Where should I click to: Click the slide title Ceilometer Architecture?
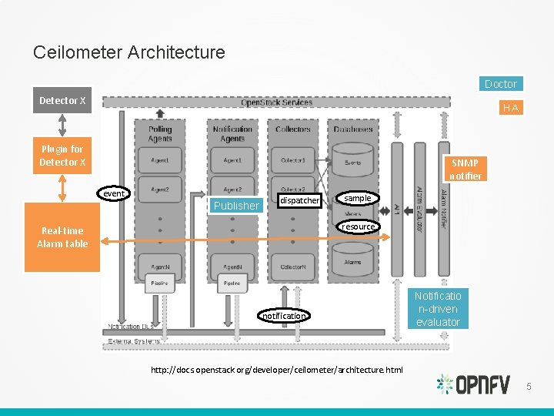click(129, 52)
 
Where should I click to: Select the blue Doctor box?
click(500, 83)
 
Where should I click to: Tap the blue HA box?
click(510, 108)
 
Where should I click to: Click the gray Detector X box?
click(62, 100)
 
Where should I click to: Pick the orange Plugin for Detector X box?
click(62, 156)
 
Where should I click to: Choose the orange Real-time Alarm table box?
click(62, 237)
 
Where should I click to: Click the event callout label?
click(114, 193)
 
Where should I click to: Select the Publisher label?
click(236, 206)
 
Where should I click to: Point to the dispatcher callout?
click(299, 200)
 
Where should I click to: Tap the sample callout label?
click(357, 198)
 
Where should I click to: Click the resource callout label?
click(359, 226)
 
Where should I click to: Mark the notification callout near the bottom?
click(284, 316)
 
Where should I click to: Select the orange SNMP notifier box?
click(465, 169)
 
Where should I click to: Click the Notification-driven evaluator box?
click(438, 309)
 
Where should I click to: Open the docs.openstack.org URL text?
click(276, 370)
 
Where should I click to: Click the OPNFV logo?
click(472, 384)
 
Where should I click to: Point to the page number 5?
click(529, 385)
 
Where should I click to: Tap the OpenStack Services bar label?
click(276, 102)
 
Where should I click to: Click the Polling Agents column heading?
click(160, 134)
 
